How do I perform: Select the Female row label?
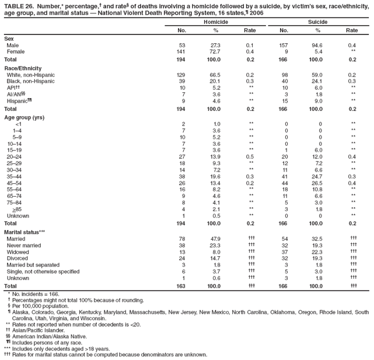16,52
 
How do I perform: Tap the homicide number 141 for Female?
181,52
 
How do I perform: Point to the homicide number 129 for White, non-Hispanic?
181,75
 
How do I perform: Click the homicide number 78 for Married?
182,239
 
